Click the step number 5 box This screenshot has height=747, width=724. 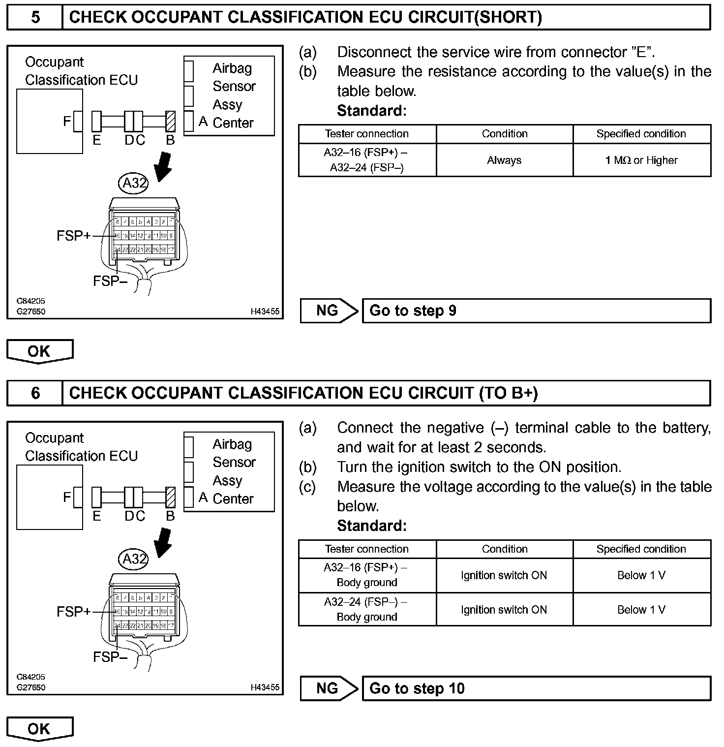tap(35, 18)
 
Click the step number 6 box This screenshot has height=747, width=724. tap(35, 393)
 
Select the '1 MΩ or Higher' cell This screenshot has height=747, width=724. tap(641, 160)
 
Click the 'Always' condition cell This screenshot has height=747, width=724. tap(504, 160)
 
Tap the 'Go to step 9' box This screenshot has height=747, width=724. tap(536, 311)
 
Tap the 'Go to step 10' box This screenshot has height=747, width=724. tap(536, 688)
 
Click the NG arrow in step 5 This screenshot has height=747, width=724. tap(329, 311)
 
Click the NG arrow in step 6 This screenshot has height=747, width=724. tap(329, 688)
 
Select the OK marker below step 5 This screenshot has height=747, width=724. tap(39, 351)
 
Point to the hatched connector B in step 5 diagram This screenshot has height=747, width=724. tap(171, 122)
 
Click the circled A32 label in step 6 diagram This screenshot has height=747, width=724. tap(134, 559)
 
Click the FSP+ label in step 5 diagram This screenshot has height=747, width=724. tap(74, 236)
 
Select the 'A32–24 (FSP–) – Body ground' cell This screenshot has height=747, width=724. tap(367, 610)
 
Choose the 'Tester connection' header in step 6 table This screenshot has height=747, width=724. tap(367, 549)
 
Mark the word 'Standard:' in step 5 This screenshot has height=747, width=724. tap(372, 111)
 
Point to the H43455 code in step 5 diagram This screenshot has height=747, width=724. tap(265, 311)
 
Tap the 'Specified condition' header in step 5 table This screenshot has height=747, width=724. tap(641, 134)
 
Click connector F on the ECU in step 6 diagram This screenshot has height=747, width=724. tap(78, 498)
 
